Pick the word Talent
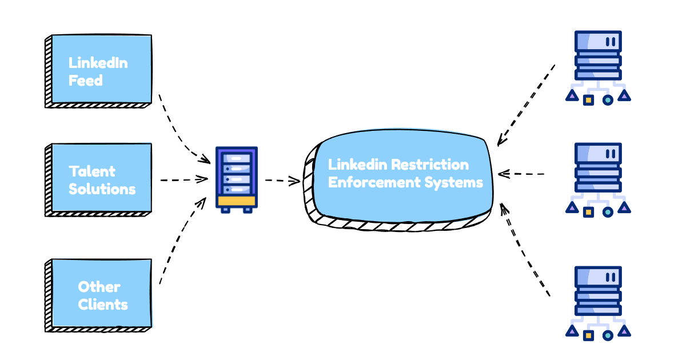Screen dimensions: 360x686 tap(92, 171)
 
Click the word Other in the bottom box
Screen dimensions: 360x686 tap(99, 286)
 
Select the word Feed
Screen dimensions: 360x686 tap(86, 81)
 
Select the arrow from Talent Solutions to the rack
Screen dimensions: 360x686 tap(183, 179)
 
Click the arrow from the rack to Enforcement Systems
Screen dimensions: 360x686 tap(282, 181)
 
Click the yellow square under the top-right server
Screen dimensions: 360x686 tap(588, 100)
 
